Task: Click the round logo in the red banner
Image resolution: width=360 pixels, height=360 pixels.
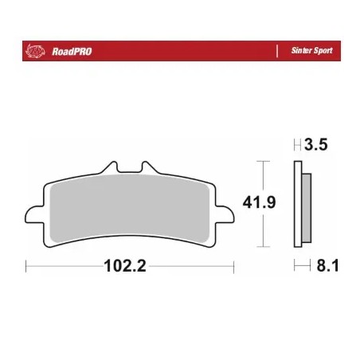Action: click(35, 50)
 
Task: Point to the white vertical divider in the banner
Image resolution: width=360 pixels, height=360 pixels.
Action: click(276, 51)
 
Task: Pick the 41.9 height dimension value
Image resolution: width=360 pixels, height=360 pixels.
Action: click(260, 202)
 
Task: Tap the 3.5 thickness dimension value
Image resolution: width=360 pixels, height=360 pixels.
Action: click(315, 145)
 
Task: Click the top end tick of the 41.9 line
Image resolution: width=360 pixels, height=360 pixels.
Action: click(260, 162)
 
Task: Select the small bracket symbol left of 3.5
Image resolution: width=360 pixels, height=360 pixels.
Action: click(297, 145)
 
